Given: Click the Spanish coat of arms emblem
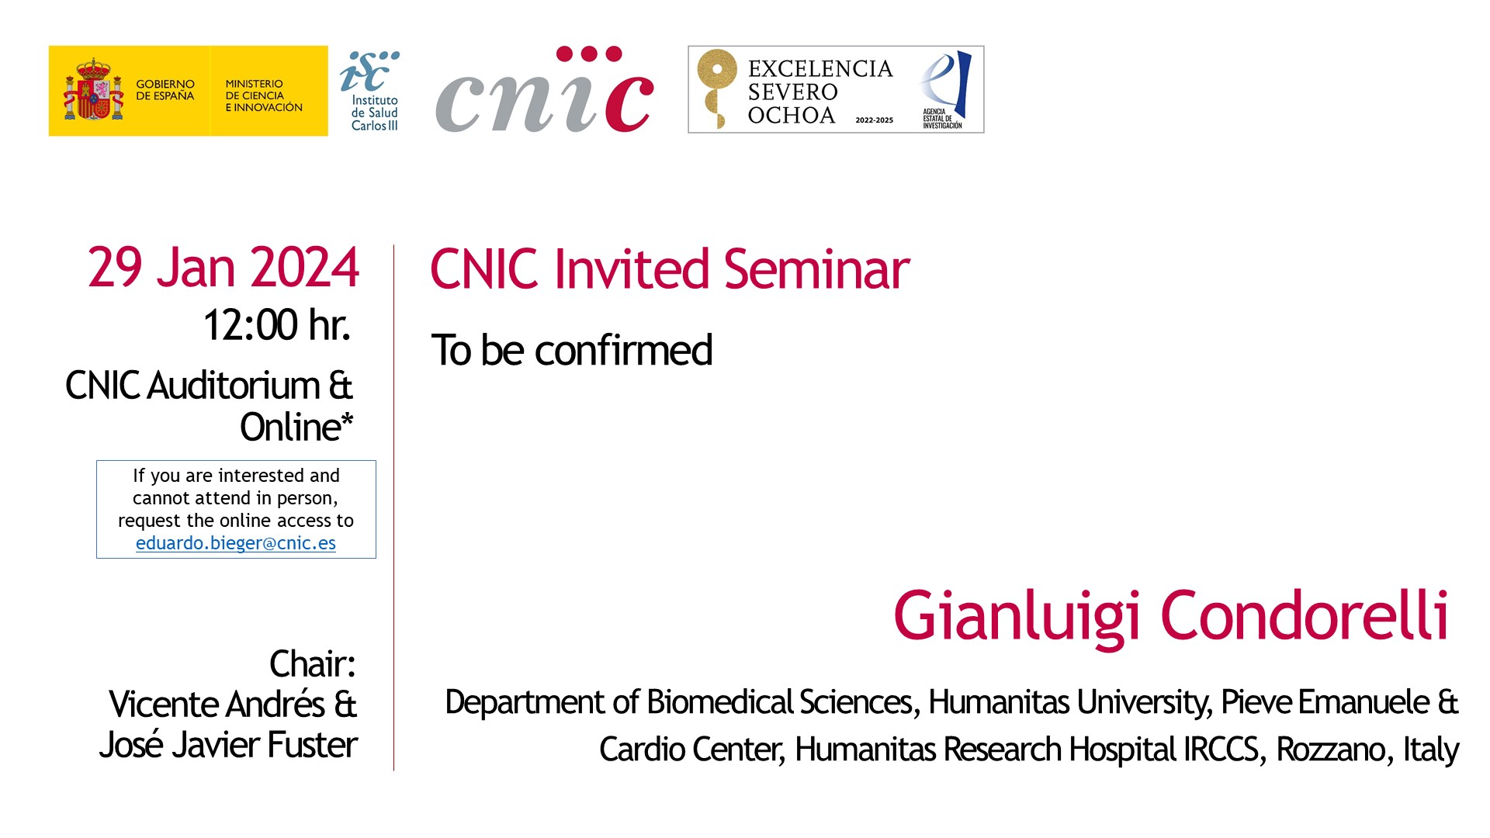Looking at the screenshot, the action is coord(93,89).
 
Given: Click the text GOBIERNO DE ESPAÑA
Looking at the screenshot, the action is coord(165,90).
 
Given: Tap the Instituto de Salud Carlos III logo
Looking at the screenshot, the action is coord(369,91).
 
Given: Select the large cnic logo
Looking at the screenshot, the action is coord(544,89).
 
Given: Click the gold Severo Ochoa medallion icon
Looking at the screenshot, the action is coord(716,88).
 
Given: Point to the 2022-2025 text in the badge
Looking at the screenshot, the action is coord(874,120).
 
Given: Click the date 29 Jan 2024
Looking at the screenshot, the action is coord(223,268).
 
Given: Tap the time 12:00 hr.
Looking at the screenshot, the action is coord(276,324).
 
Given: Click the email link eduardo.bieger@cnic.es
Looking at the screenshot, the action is coord(236,543).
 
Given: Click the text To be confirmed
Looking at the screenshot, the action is coord(571,350).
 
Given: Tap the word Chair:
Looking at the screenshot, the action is coord(312,664).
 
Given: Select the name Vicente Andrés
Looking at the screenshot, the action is coord(217,704).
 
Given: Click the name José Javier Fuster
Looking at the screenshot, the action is coord(228,745).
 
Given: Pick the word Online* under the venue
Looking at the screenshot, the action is coord(296,427).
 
